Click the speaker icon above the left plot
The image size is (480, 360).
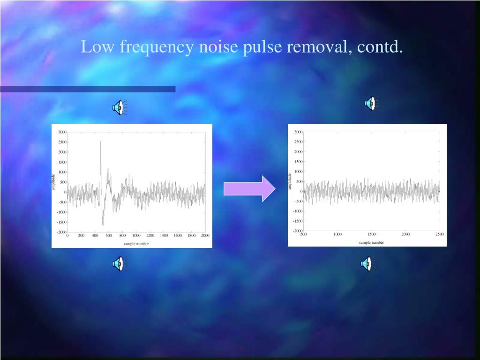point(119,108)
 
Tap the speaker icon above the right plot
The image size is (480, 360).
point(370,103)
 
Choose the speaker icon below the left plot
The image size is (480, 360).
point(119,264)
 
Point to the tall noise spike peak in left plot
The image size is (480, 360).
point(100,142)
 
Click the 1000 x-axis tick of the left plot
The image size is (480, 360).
point(136,236)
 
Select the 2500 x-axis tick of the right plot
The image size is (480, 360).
point(439,234)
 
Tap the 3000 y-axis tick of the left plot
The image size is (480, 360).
point(62,132)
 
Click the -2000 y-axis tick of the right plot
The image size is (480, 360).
point(298,231)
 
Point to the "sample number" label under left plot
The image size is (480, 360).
point(136,244)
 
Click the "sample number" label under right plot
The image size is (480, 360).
point(371,242)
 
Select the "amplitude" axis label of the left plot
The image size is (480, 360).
point(54,182)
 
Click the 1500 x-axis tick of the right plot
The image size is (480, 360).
point(371,234)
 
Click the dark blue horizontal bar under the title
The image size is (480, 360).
point(88,89)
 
